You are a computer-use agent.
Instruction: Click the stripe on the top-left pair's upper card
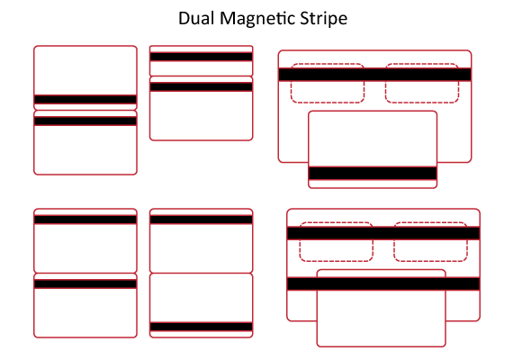click(85, 100)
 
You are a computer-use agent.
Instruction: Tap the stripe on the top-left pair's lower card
click(85, 121)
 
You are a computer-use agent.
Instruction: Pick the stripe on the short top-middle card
click(202, 57)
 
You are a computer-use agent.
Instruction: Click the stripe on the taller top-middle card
click(202, 86)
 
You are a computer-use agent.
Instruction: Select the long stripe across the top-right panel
click(374, 75)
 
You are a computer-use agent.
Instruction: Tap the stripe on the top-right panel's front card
click(373, 173)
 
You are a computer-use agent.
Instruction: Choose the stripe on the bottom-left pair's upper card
click(85, 220)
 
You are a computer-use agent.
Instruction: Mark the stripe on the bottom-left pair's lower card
click(85, 283)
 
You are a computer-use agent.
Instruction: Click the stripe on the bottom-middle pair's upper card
click(202, 220)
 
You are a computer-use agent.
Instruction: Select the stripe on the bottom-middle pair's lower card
click(202, 327)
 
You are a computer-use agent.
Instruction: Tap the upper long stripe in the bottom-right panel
click(383, 233)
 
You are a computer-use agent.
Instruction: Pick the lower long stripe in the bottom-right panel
click(383, 283)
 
